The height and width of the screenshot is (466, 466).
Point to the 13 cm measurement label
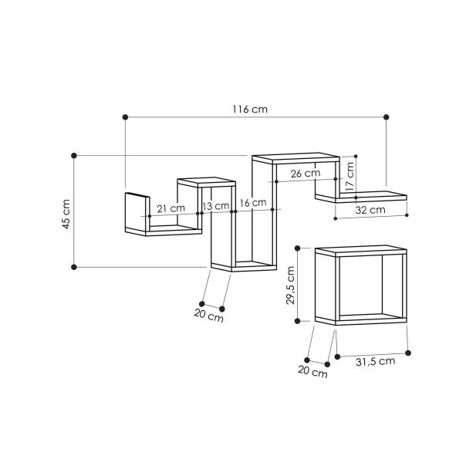click(x=216, y=207)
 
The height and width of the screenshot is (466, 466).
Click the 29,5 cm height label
click(x=292, y=286)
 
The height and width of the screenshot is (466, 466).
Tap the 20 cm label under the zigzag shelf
click(x=208, y=316)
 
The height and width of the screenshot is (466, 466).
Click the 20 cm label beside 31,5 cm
click(x=312, y=373)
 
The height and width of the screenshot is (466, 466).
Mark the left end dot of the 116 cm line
click(x=125, y=117)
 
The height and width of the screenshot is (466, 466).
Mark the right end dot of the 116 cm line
click(x=387, y=117)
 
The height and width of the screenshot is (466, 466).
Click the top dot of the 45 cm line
click(x=74, y=156)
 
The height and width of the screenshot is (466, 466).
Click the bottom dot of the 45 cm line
click(x=74, y=267)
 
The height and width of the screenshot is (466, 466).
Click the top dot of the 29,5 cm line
click(x=297, y=249)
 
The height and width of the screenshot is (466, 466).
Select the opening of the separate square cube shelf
click(x=360, y=285)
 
